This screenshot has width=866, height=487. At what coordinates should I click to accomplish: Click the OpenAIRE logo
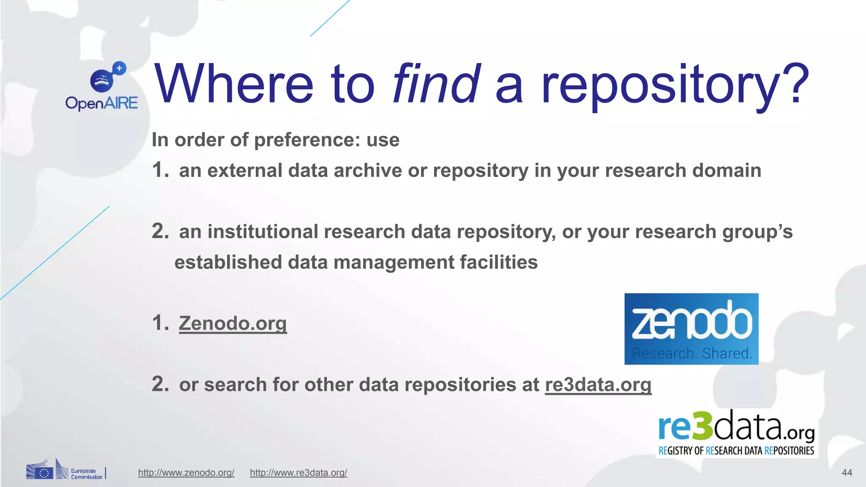101,87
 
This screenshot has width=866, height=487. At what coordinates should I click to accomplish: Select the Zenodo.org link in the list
233,323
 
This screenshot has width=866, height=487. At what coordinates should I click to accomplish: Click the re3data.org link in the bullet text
598,385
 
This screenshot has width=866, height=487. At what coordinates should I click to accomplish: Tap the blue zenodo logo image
691,329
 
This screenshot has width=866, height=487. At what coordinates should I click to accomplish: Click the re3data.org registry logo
736,433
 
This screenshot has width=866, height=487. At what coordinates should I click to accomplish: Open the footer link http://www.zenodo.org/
186,473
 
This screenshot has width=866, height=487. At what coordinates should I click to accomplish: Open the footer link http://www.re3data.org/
298,473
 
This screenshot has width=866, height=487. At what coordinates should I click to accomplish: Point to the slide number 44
847,473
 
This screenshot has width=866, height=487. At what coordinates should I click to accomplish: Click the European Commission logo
66,470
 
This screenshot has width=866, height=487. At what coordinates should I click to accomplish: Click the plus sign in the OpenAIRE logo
119,68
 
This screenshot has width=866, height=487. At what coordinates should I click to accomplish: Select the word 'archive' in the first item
367,171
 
